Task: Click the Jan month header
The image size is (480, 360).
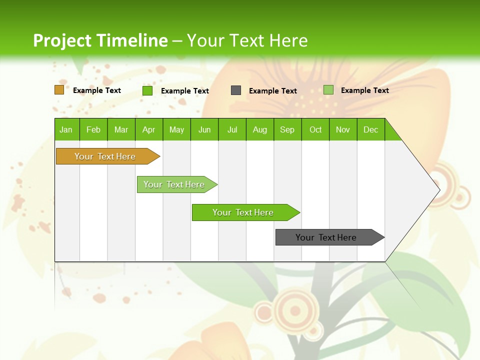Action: point(66,129)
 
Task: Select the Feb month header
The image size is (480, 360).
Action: point(93,129)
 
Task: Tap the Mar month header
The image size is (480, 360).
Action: point(121,129)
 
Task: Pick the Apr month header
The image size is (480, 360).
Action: point(149,129)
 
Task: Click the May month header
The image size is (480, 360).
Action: point(176,129)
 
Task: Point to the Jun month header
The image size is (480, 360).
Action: point(204,129)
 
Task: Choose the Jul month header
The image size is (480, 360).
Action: point(232,129)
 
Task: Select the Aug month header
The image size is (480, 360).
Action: point(260,129)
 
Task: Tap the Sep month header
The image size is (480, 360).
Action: point(287,129)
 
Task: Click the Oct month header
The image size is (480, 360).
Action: point(315,129)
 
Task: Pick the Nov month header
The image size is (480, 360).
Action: point(343,129)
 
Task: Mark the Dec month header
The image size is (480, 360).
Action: point(371,129)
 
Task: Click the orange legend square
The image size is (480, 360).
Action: point(59,90)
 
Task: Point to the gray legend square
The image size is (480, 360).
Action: point(236,90)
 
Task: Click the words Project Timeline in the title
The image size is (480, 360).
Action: point(100,40)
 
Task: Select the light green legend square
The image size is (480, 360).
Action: point(328,90)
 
